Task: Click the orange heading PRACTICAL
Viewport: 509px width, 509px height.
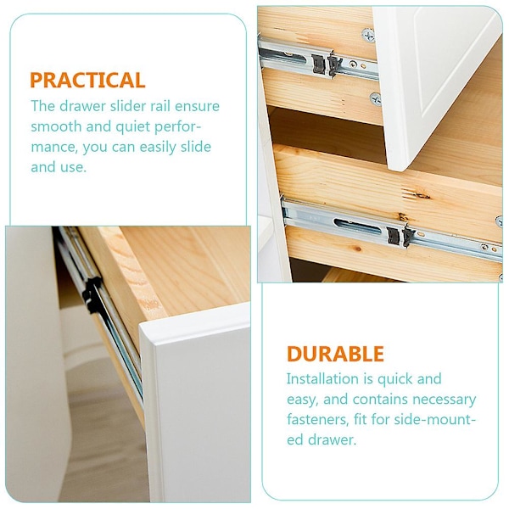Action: (87, 80)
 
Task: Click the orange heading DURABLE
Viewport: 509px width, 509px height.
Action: (335, 354)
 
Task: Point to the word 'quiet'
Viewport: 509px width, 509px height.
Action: (133, 127)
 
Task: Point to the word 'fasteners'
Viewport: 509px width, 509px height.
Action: (317, 419)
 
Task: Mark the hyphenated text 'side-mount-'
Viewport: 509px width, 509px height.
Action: (434, 419)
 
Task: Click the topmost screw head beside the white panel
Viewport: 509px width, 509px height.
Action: (367, 35)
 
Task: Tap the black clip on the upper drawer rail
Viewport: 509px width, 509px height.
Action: (327, 65)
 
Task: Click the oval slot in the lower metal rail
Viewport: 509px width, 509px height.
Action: (358, 227)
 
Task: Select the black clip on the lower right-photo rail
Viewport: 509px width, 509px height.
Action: (401, 235)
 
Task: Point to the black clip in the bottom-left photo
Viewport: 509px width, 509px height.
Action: (92, 294)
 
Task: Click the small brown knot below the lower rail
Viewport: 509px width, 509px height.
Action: (358, 249)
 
